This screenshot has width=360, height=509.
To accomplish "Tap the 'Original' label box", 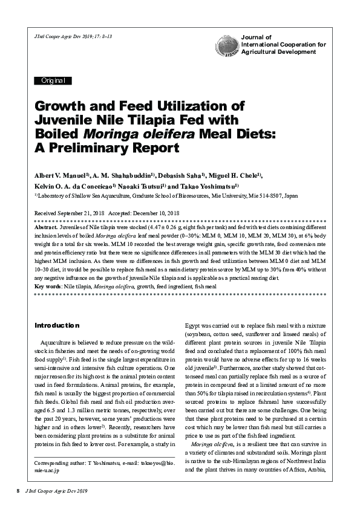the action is [x=54, y=80].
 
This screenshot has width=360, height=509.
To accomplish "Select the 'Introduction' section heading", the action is [x=57, y=325].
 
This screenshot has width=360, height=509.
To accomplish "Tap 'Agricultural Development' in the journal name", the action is [x=278, y=52].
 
